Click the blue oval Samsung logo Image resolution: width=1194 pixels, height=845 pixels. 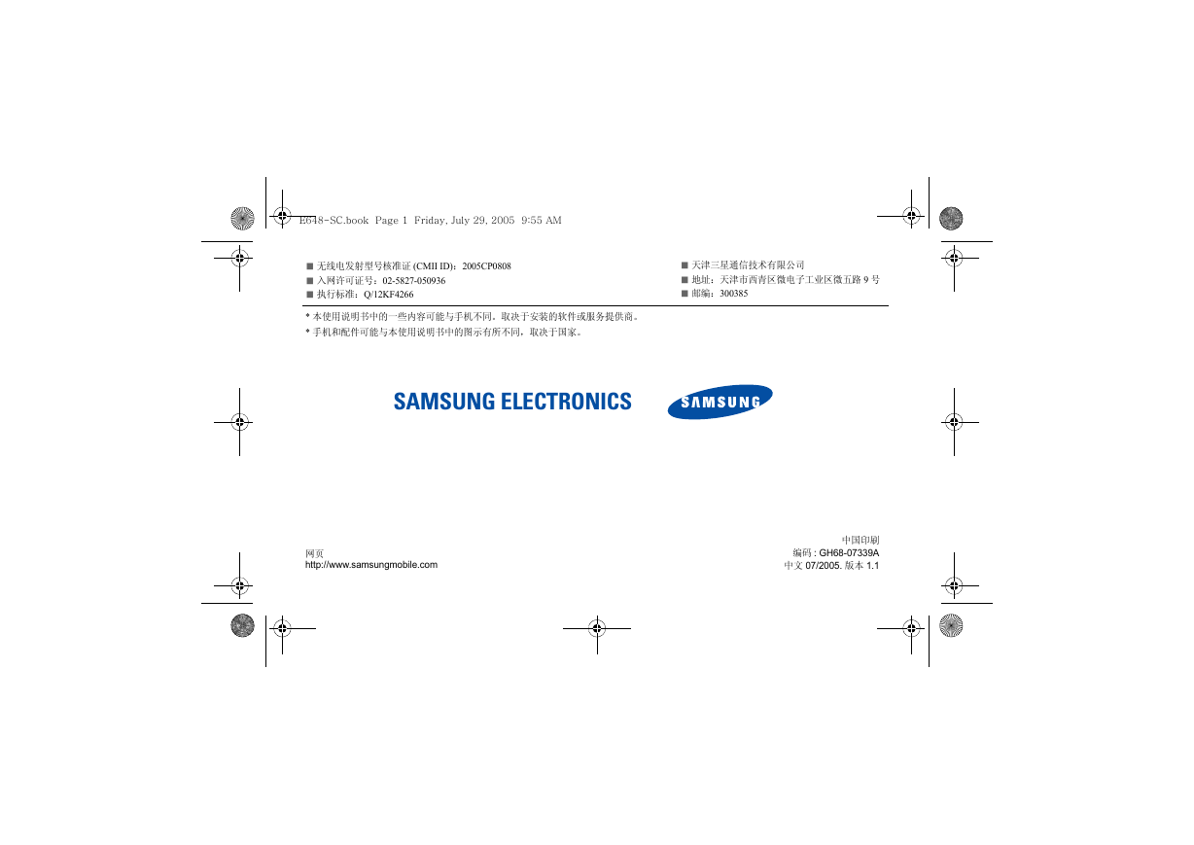(x=720, y=402)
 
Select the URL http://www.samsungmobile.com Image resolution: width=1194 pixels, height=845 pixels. (x=371, y=565)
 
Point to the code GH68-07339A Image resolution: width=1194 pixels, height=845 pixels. (x=849, y=553)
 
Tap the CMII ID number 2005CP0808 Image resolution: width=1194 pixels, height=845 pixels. (x=487, y=266)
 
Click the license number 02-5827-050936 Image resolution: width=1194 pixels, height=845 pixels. (x=413, y=280)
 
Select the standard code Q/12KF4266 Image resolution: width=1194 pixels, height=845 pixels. (x=389, y=295)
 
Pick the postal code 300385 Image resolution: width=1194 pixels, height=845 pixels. (x=733, y=294)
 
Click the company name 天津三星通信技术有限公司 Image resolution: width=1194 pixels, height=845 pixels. (x=748, y=264)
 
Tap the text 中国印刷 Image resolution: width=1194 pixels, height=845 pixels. (x=860, y=540)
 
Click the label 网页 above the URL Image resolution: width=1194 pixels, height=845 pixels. (x=314, y=554)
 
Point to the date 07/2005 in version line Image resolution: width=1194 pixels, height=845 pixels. (x=823, y=566)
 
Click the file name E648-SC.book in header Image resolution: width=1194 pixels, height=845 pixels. (x=334, y=220)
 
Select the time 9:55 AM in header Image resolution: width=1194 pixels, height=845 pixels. (x=541, y=220)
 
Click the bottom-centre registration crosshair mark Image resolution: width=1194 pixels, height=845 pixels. (x=597, y=628)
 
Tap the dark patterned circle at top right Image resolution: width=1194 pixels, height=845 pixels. (x=951, y=219)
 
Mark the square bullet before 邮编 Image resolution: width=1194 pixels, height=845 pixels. (x=685, y=294)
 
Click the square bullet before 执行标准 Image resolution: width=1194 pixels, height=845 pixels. (x=310, y=295)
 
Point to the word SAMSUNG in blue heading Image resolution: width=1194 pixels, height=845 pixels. (x=444, y=402)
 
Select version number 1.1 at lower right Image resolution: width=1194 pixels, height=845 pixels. (x=872, y=566)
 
